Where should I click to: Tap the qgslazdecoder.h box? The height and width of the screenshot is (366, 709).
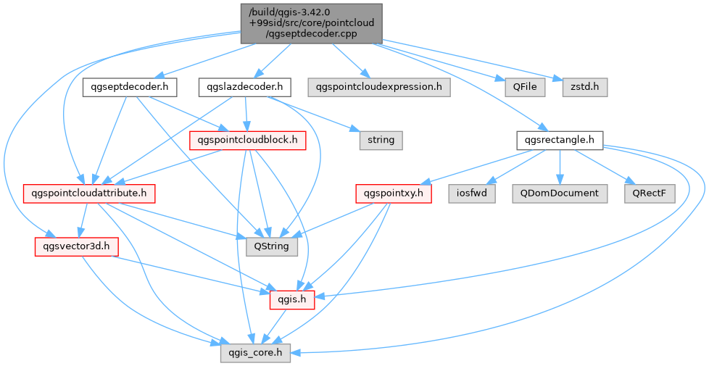click(245, 88)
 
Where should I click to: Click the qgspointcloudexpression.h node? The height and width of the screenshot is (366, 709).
click(378, 88)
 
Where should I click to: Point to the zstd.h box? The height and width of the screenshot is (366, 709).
click(584, 88)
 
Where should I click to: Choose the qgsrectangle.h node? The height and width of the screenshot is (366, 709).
click(558, 139)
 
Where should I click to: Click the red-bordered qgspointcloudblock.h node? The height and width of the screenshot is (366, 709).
click(247, 139)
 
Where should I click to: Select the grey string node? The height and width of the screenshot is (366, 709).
click(381, 139)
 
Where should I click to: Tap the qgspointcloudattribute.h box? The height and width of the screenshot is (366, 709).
click(88, 194)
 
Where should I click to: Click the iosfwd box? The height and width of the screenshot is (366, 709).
click(472, 194)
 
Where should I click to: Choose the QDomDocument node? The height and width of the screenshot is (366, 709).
click(558, 194)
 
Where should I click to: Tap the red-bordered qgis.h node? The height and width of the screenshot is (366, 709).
click(291, 299)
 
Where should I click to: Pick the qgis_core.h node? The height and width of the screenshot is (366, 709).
click(256, 353)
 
